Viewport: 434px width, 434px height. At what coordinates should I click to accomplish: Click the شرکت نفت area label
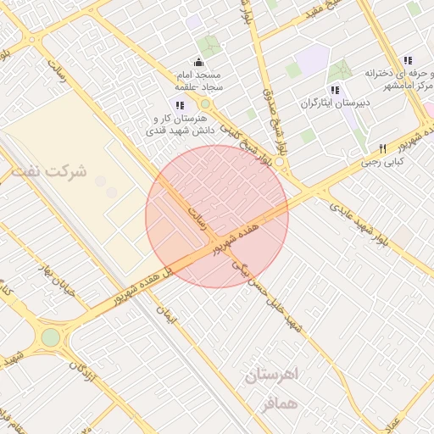point(49,170)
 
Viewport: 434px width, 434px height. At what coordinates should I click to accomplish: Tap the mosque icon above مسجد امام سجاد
point(198,61)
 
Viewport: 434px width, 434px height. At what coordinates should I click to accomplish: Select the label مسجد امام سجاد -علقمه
point(198,81)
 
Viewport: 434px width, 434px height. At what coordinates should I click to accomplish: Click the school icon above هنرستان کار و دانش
point(179,104)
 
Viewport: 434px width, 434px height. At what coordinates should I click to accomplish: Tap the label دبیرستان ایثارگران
point(334,104)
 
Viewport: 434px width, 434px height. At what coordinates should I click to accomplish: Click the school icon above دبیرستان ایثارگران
point(334,89)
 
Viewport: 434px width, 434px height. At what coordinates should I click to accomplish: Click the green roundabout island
point(51,337)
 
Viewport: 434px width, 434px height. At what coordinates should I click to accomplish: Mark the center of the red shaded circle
point(217,216)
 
